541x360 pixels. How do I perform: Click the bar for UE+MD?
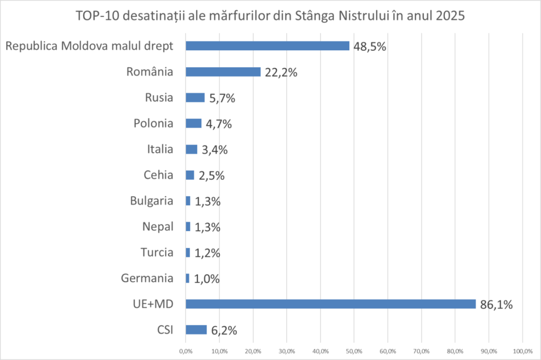coord(330,304)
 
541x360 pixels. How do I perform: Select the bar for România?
coord(223,72)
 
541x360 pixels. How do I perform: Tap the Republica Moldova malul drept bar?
coord(267,46)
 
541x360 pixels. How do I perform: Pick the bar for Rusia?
coord(195,97)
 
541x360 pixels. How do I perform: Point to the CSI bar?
coord(196,330)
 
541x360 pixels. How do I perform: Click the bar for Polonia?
coord(193,123)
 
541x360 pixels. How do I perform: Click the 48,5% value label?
coord(370,47)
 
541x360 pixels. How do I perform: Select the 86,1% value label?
coord(497,304)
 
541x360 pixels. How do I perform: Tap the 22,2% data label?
coord(281,72)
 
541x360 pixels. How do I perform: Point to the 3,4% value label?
coord(214,150)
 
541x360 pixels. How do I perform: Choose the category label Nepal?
coord(157,227)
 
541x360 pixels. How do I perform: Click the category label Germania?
coord(147,278)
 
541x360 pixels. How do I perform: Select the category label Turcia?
coord(156,252)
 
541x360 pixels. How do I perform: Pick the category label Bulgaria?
coord(151,201)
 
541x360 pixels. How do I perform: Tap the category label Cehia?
coord(158,175)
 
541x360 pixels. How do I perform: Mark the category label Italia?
coord(160,149)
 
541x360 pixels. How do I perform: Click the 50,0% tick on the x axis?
coord(354,351)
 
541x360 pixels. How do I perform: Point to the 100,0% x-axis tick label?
coord(522,351)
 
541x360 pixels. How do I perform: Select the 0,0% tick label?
coord(185,351)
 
